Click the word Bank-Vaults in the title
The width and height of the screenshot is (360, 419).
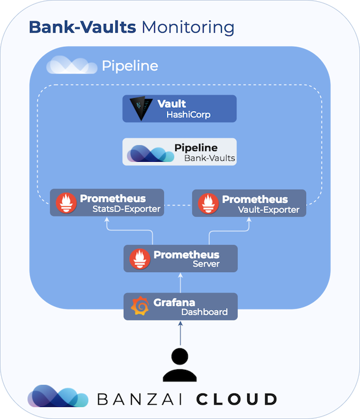[x=82, y=27]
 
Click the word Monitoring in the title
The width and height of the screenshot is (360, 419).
[x=188, y=28]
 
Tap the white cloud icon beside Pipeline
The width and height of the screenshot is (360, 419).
[x=71, y=65]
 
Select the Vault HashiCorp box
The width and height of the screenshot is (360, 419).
[x=179, y=108]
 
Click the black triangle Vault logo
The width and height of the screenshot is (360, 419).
[x=140, y=107]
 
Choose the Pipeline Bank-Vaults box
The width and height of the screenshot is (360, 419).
[x=179, y=152]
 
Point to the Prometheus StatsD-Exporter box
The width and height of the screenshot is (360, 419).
[x=107, y=203]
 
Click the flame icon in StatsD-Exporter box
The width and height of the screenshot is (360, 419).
[x=67, y=203]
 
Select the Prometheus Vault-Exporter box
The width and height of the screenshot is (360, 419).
[x=249, y=203]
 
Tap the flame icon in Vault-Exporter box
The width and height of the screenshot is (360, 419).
[x=208, y=204]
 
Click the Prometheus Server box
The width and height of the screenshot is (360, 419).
[x=181, y=259]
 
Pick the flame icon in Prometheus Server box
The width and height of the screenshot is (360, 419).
[x=140, y=259]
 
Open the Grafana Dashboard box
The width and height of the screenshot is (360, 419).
[x=181, y=306]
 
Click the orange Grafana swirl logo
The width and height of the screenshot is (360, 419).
[x=140, y=306]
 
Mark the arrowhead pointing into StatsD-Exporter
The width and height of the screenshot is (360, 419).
[x=107, y=219]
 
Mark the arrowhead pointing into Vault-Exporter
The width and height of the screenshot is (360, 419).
[x=249, y=220]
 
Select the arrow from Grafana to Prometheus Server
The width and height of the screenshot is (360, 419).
[x=181, y=283]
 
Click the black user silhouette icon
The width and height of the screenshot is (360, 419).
[x=180, y=365]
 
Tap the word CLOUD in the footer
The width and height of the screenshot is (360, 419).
[x=237, y=399]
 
